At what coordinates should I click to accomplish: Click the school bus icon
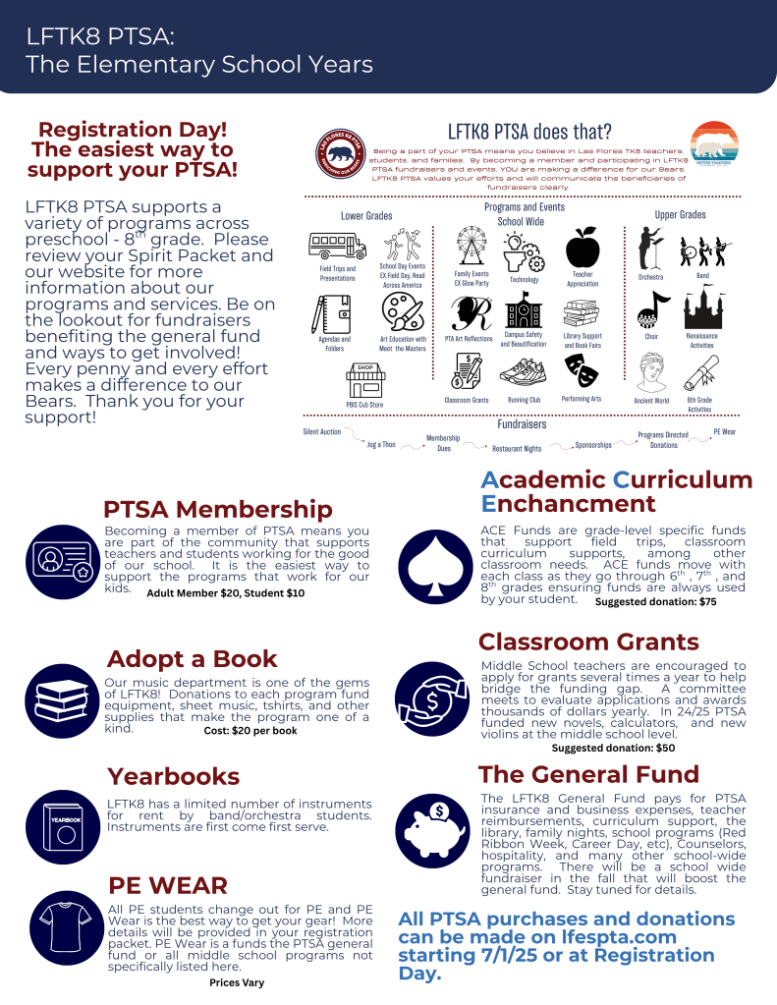(336, 245)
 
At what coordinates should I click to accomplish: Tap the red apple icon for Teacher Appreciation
(583, 246)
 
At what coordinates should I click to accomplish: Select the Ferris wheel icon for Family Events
(472, 246)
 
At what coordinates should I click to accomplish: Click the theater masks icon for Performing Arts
(582, 369)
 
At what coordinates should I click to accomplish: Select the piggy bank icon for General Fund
(433, 831)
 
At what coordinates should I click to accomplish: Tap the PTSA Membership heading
(217, 510)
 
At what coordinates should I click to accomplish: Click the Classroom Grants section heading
(588, 642)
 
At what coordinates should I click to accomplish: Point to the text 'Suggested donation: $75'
(655, 602)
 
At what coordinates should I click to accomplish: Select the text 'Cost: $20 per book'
(250, 731)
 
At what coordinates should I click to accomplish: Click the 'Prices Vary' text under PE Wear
(237, 981)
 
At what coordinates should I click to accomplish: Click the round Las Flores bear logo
(343, 155)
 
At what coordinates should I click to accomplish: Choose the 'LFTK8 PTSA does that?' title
(529, 131)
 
